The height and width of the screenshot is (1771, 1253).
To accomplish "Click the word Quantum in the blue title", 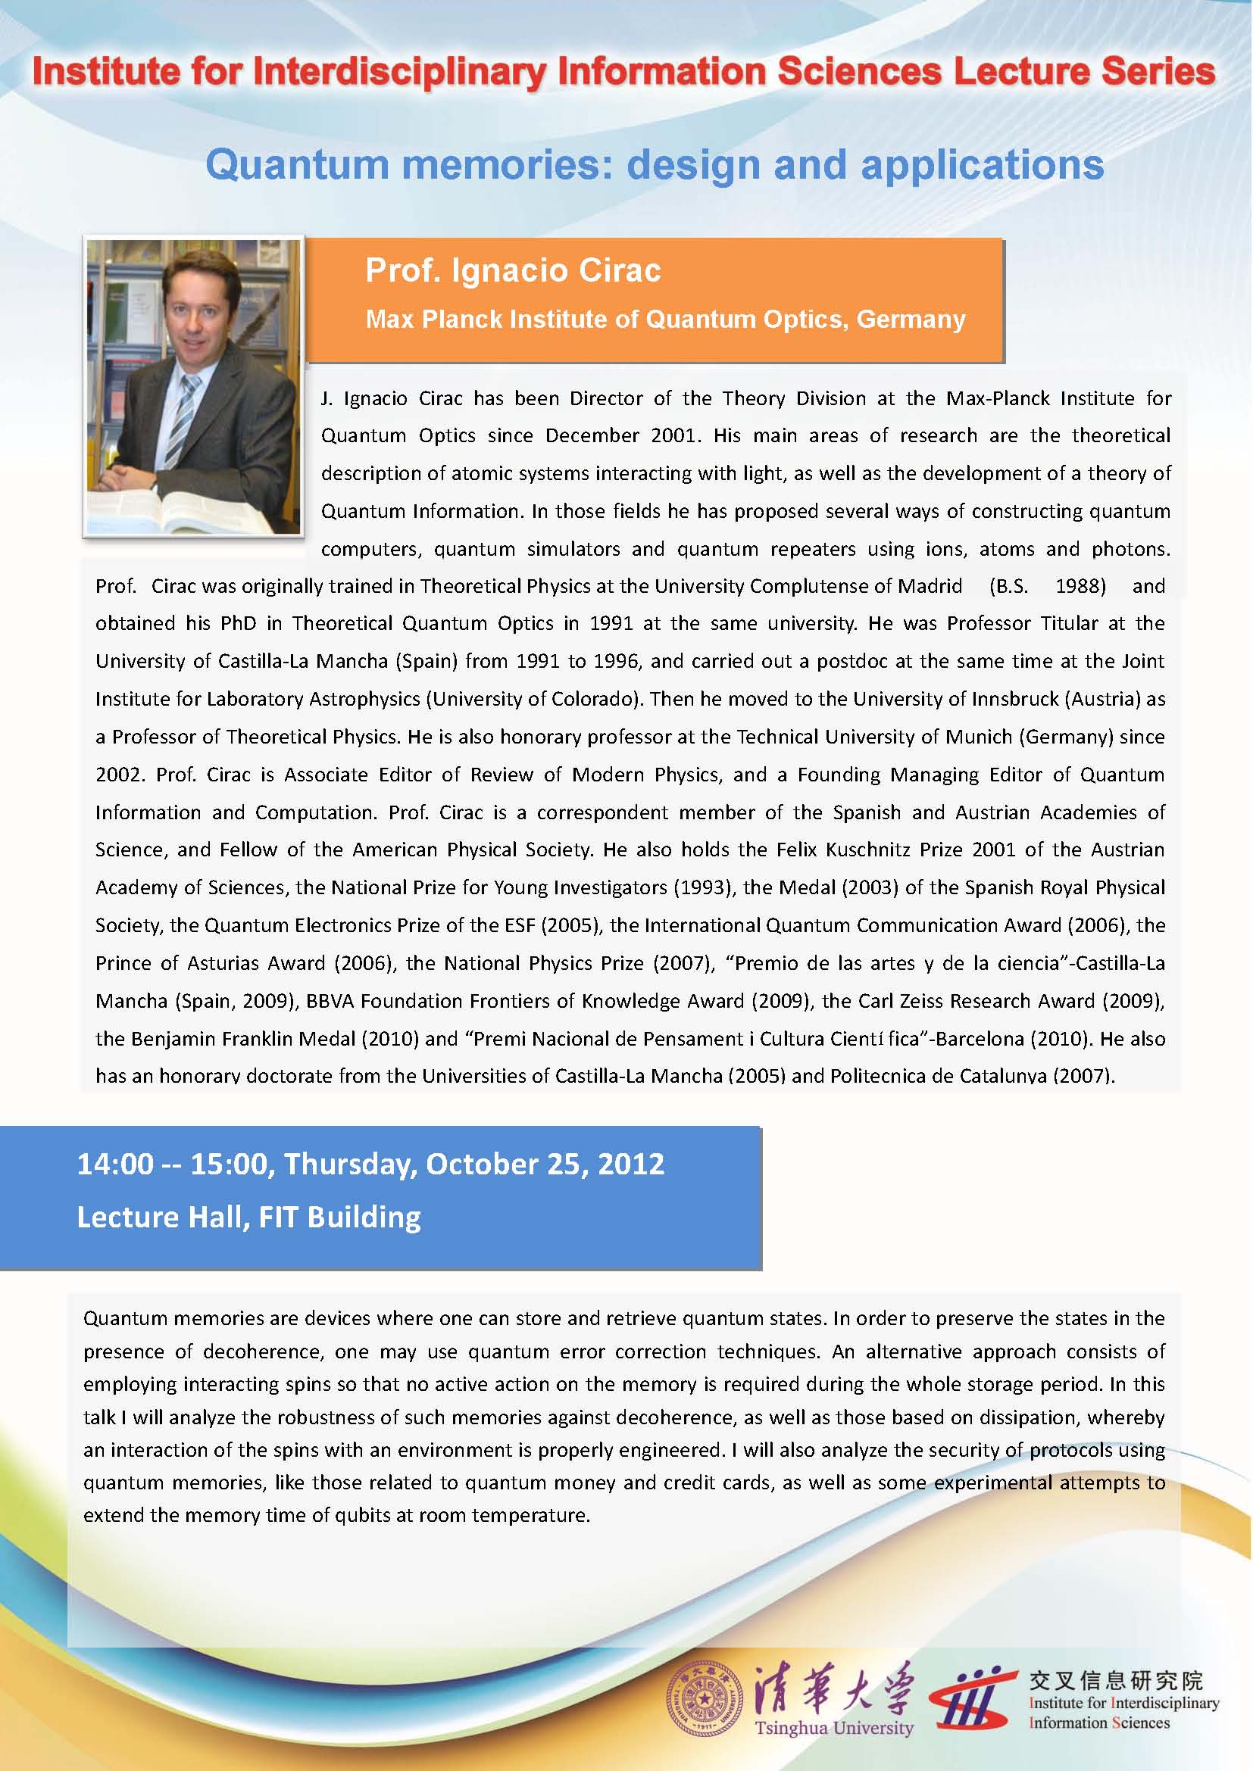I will tap(297, 166).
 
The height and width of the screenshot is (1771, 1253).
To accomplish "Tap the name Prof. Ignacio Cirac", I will tap(513, 271).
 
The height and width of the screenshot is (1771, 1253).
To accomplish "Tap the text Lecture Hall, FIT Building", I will tap(248, 1218).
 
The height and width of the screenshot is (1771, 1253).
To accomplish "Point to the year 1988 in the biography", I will tap(1080, 586).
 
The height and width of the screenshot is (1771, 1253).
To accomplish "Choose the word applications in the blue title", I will tap(983, 166).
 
